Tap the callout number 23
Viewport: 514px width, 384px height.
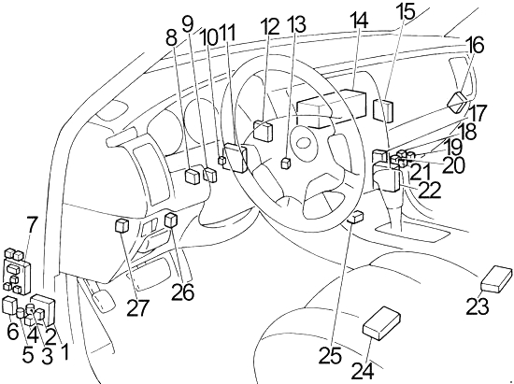click(478, 306)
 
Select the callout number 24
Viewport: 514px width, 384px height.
click(363, 371)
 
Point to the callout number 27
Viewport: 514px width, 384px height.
click(137, 308)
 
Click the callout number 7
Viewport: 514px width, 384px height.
click(31, 224)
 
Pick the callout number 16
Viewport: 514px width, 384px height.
click(476, 45)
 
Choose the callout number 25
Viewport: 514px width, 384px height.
click(331, 355)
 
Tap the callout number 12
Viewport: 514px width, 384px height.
click(270, 26)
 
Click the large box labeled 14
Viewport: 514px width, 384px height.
click(331, 107)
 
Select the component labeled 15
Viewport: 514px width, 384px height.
click(383, 111)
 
